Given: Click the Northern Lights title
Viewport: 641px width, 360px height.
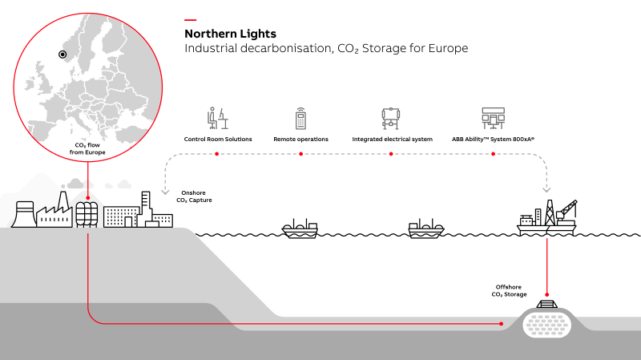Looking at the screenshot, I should coord(230,34).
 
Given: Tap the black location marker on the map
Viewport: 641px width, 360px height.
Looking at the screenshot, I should coord(62,55).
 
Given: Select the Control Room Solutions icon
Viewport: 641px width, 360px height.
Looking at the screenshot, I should coord(217,119).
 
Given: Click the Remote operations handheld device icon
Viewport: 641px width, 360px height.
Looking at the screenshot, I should coord(300,119).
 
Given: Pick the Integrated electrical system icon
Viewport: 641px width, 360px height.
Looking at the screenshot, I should coord(391,119).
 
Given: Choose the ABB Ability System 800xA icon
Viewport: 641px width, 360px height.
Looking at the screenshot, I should coord(492,119).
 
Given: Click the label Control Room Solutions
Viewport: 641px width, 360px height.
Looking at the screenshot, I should coord(218,140).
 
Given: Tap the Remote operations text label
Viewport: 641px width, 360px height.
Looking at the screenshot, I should coord(300,140).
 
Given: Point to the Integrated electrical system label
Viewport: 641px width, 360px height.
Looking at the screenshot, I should coord(392,140).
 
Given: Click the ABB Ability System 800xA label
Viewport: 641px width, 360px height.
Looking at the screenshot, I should coord(493,140).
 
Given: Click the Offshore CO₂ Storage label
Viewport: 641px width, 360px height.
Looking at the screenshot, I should coord(509,290).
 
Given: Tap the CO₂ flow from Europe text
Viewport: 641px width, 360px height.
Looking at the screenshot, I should coord(87,148).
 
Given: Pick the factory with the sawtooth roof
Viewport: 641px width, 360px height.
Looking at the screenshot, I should coord(54,212).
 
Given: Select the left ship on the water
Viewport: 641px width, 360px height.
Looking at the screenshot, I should coord(300,229).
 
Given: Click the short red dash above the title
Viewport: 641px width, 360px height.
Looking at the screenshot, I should coord(190,19).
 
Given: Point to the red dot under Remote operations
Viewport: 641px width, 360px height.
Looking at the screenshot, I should coord(300,153).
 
